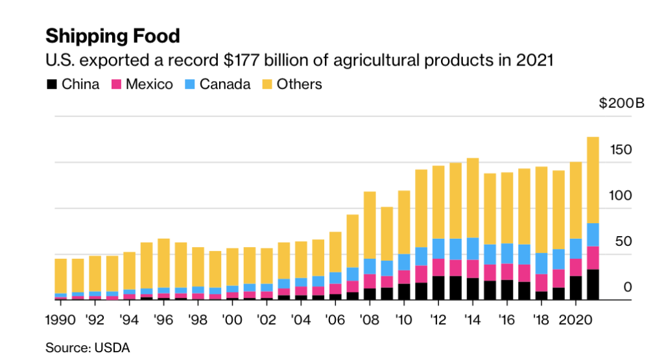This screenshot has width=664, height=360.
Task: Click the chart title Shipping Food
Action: click(112, 35)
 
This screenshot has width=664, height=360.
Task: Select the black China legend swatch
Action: click(51, 84)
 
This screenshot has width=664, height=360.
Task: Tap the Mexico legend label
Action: click(149, 84)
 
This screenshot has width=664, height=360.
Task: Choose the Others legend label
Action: click(299, 84)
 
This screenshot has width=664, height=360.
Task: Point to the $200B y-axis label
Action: click(621, 104)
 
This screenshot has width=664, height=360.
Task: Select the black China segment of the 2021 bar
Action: click(593, 285)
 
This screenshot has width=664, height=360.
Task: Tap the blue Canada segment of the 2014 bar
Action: click(473, 248)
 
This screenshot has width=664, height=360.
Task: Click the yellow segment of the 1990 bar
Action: click(60, 276)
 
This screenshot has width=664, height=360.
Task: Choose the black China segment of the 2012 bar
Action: click(438, 288)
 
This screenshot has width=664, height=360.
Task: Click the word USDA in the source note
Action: click(113, 348)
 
